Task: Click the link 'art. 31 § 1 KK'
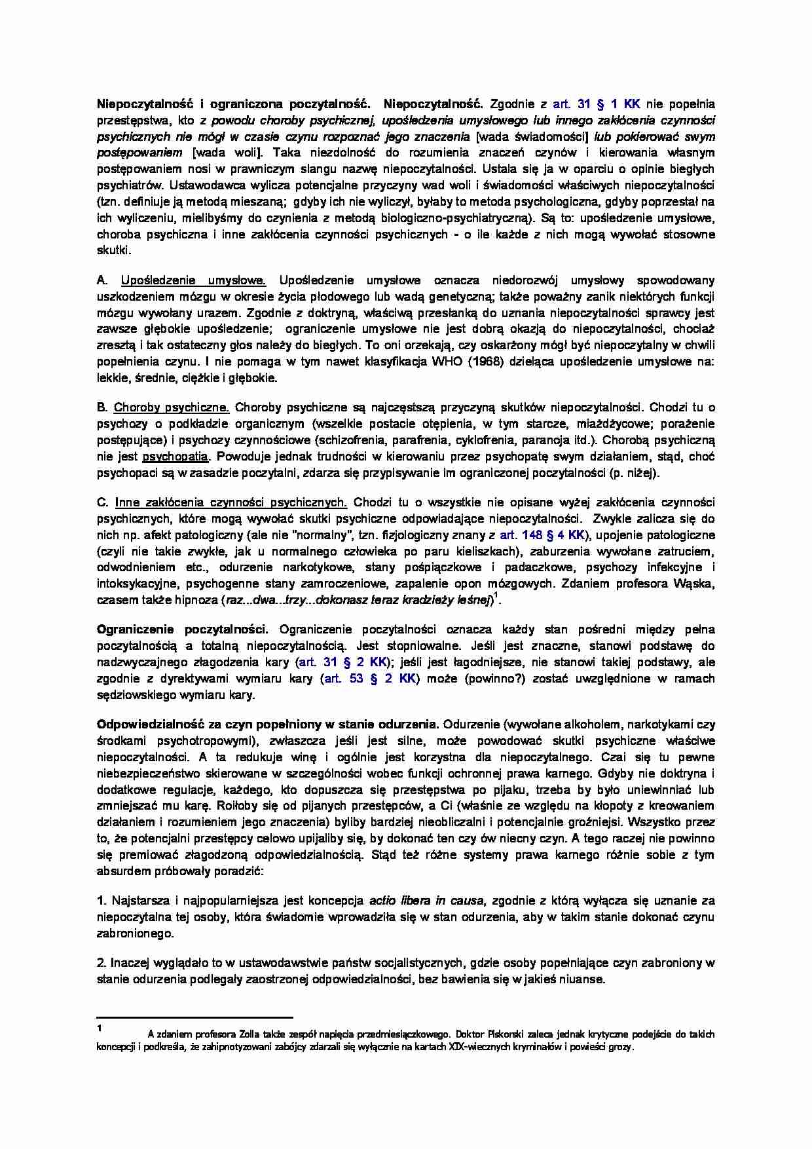coord(597,104)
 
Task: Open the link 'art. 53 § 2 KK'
coord(369,678)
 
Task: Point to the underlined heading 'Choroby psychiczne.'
coord(172,407)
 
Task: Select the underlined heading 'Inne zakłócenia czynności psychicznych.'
coord(231,502)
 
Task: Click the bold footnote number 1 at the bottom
coord(99,1027)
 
